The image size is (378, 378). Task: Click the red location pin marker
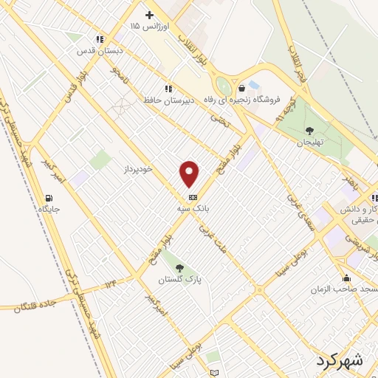tap(190, 173)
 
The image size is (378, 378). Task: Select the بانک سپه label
tap(193, 209)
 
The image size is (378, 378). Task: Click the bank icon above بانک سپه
tap(193, 197)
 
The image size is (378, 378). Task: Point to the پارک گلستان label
tap(180, 279)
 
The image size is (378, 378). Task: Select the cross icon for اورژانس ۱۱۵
tap(149, 15)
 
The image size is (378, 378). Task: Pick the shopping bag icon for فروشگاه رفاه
tap(241, 89)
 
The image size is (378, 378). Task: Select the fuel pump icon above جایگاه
tap(49, 198)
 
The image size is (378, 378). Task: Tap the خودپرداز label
tap(137, 169)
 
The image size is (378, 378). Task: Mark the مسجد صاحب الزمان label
tap(347, 289)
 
